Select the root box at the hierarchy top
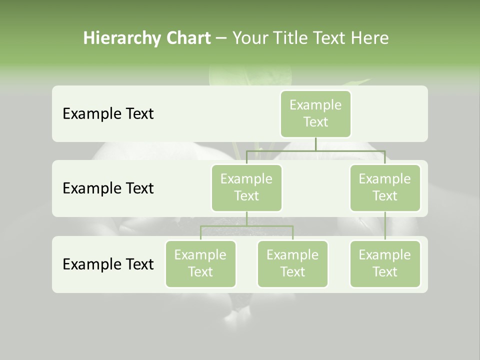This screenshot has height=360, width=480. pos(315,113)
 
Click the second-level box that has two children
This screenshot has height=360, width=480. pos(246,187)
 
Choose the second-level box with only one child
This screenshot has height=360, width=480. pos(385,187)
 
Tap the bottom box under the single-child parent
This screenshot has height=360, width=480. pos(385,263)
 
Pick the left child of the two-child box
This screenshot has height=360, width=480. pos(200,263)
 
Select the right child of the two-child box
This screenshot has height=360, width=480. pos(292,263)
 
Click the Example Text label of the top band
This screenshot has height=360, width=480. pos(108,114)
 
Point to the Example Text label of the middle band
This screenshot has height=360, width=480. pos(108,188)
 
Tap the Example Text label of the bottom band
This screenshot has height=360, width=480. pos(108,264)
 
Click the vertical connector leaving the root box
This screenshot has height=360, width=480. pos(315,144)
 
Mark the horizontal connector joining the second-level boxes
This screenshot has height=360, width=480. pos(315,150)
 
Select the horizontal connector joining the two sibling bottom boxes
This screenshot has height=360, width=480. pos(246,226)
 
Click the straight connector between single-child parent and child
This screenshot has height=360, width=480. pos(385,226)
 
